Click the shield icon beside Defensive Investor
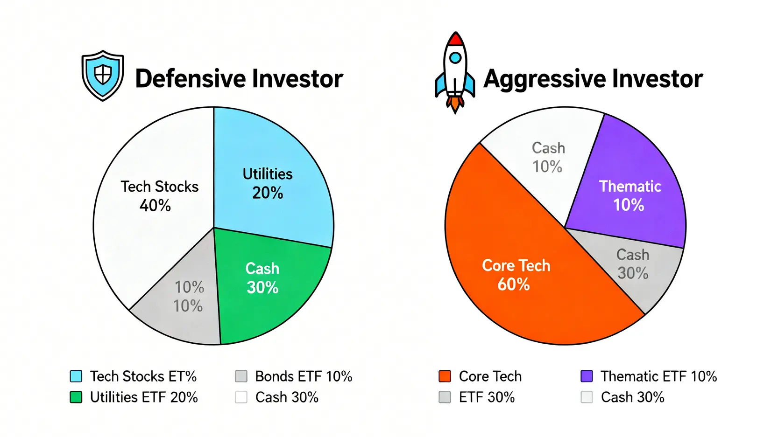click(x=103, y=75)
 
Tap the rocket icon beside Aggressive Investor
click(x=455, y=72)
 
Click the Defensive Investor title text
click(x=239, y=78)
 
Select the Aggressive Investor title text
click(x=593, y=78)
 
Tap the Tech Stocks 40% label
click(x=159, y=195)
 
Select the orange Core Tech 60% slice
click(x=514, y=275)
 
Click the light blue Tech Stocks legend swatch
click(x=76, y=376)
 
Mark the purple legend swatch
click(x=587, y=376)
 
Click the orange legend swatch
click(x=445, y=376)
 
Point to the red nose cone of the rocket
click(x=455, y=39)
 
